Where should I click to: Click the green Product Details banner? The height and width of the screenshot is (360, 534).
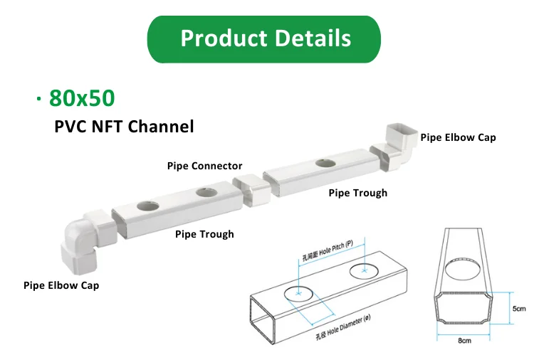click(265, 38)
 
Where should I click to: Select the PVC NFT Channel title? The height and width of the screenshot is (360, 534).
click(124, 127)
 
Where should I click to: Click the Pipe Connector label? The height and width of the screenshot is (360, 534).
click(204, 166)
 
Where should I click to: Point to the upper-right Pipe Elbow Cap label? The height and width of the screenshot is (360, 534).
click(458, 137)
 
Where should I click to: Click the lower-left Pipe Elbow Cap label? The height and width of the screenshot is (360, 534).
click(61, 285)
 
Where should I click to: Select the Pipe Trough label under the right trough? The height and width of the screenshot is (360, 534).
click(357, 193)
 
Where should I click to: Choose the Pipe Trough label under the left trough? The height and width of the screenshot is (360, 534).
click(204, 233)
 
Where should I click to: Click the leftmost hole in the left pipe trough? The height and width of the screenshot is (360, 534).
click(148, 206)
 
